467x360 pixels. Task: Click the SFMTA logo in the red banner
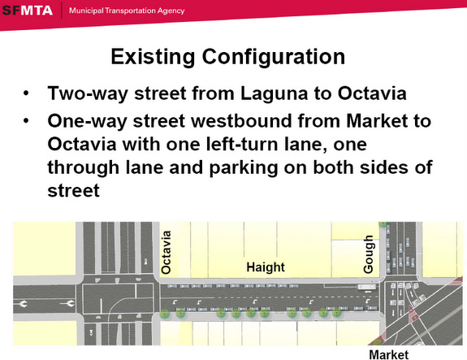click(27, 11)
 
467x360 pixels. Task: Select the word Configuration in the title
click(274, 57)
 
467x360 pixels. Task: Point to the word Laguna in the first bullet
click(274, 94)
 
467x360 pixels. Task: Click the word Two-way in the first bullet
click(88, 94)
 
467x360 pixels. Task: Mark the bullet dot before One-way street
click(26, 121)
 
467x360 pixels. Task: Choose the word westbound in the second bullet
click(242, 121)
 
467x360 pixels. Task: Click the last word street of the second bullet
click(73, 191)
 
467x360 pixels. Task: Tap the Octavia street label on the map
click(166, 252)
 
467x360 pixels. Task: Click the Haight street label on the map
click(266, 267)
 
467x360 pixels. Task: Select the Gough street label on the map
click(369, 254)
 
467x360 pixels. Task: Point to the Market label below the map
click(389, 354)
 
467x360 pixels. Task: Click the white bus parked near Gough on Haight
click(367, 287)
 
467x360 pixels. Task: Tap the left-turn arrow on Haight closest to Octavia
click(175, 302)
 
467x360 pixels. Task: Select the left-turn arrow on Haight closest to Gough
click(367, 301)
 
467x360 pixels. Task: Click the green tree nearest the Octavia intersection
click(164, 314)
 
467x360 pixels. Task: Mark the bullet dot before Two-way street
click(26, 93)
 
